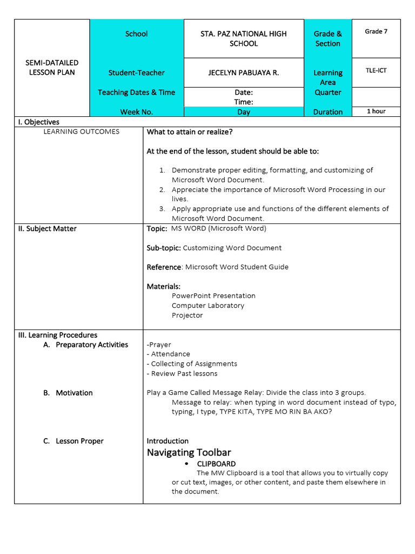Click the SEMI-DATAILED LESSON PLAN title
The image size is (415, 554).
pos(52,68)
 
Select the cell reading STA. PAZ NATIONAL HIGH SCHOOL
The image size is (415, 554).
pos(243,38)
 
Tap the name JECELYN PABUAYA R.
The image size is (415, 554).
pos(243,72)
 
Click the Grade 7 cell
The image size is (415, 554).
pos(376,31)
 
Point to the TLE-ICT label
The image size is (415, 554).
pos(376,70)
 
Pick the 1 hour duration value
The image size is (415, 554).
pos(376,111)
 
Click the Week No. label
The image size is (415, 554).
pos(136,112)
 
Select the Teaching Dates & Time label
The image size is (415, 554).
pos(136,93)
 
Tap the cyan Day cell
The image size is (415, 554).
pos(243,112)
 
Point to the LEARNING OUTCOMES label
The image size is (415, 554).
pos(81,131)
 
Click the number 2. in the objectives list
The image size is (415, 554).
pos(162,190)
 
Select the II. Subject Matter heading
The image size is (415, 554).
pos(48,229)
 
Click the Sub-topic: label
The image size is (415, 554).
pos(164,248)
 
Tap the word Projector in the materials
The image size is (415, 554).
pos(187,315)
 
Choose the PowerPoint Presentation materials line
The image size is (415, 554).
pos(213,296)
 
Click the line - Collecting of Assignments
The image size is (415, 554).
pos(192,364)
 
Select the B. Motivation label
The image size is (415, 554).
pos(68,393)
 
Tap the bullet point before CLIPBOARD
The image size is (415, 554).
pos(186,464)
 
